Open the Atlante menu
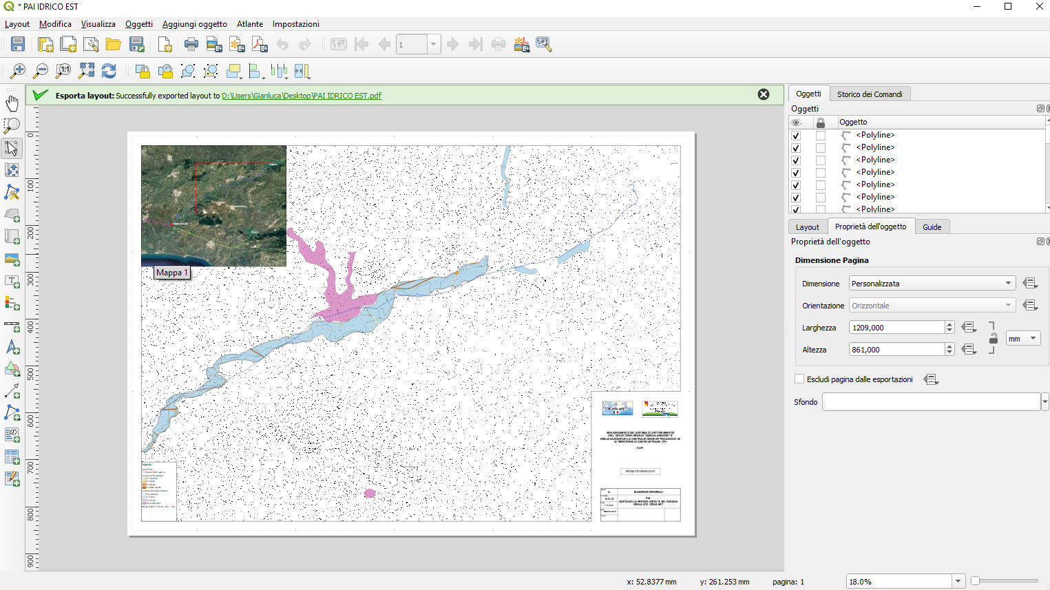pos(249,24)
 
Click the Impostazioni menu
pos(295,24)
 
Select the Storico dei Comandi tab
pos(869,94)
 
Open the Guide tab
pos(932,227)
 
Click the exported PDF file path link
pos(301,96)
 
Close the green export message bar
pos(763,94)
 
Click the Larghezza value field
pos(896,328)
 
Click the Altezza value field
pos(896,350)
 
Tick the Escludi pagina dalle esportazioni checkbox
pos(799,379)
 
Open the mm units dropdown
pos(1022,339)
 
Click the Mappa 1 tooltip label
pos(171,273)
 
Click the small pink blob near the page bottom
pos(370,493)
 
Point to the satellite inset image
pos(213,205)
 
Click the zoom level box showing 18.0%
pos(899,582)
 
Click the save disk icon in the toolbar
pos(18,45)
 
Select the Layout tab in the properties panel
pos(807,227)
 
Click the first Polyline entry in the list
pos(875,135)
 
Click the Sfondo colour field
pos(931,402)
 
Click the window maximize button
pos(1008,7)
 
